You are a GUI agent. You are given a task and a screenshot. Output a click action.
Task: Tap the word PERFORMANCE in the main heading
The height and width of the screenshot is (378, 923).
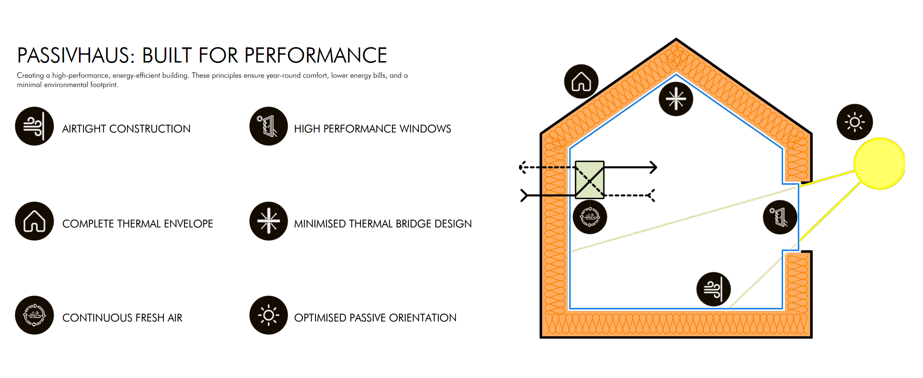pos(315,56)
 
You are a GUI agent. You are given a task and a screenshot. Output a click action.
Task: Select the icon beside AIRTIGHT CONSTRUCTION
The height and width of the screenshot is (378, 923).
pos(34,126)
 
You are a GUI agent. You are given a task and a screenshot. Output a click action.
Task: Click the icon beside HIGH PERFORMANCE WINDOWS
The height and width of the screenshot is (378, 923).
pos(269,126)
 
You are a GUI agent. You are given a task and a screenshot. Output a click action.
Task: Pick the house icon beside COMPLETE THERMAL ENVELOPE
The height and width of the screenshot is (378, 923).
pos(34,221)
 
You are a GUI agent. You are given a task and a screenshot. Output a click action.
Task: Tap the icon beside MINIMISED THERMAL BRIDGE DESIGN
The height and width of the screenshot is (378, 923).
pos(269,221)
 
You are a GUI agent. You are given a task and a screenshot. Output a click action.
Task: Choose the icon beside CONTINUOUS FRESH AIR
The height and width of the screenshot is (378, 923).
pos(34,315)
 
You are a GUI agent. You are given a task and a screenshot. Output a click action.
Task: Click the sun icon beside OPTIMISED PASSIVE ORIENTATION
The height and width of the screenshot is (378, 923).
pos(269,315)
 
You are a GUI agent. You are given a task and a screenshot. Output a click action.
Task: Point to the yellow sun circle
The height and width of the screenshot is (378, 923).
pos(879,164)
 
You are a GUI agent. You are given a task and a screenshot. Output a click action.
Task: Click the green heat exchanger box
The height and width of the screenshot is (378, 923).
pos(589,180)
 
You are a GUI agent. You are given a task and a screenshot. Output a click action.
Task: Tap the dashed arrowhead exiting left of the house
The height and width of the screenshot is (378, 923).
pos(522,167)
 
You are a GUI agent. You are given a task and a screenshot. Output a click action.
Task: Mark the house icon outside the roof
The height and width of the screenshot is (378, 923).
pos(581,82)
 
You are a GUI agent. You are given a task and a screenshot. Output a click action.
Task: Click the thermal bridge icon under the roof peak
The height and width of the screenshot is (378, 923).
pos(676,99)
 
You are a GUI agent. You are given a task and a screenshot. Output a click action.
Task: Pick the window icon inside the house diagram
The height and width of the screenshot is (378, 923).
pos(780,217)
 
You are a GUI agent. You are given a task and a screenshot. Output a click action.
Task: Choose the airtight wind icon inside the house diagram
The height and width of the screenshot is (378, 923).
pos(714,289)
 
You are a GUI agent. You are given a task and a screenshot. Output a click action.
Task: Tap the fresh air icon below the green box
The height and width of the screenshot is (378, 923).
pos(590,216)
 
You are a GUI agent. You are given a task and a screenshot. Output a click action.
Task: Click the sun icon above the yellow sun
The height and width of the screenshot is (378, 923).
pos(854,122)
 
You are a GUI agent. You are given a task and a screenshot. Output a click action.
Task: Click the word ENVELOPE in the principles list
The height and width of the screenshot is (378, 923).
pos(188,224)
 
